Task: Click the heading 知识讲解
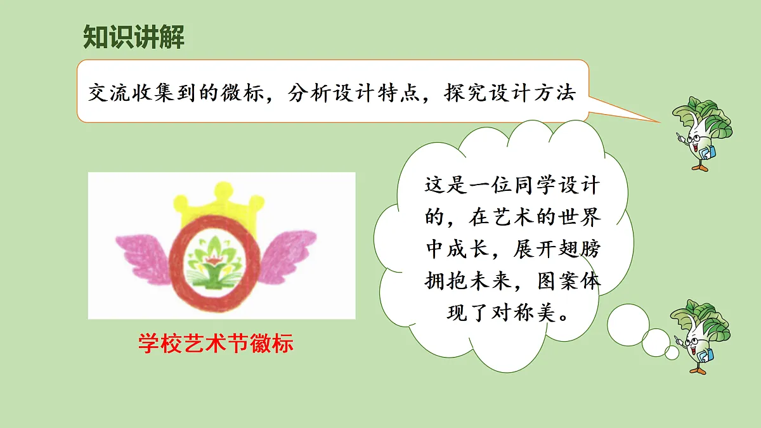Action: (x=134, y=37)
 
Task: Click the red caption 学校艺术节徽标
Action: (x=216, y=344)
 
